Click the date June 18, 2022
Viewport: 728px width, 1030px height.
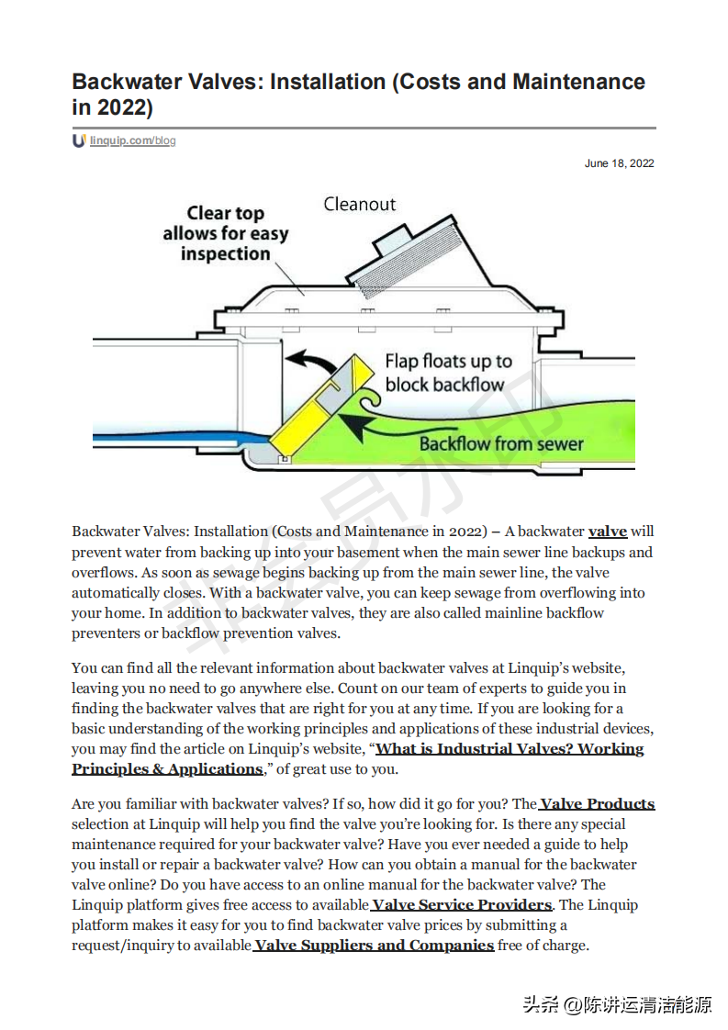pos(619,163)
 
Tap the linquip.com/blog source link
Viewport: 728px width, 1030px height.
pos(132,140)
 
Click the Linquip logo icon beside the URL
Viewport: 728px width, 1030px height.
pos(79,140)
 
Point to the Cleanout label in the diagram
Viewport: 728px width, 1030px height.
pos(359,204)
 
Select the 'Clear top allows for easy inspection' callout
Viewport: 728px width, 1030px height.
pos(225,233)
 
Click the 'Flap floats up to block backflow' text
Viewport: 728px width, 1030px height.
pos(448,372)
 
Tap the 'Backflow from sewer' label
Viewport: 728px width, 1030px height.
pos(500,443)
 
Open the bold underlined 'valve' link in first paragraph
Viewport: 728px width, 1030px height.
pos(608,531)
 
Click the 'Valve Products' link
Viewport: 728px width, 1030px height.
pos(597,804)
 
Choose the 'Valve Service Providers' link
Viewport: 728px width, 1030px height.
pos(462,905)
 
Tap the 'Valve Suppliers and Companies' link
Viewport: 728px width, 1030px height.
pos(374,946)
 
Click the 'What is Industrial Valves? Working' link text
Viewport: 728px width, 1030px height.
pos(510,749)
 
